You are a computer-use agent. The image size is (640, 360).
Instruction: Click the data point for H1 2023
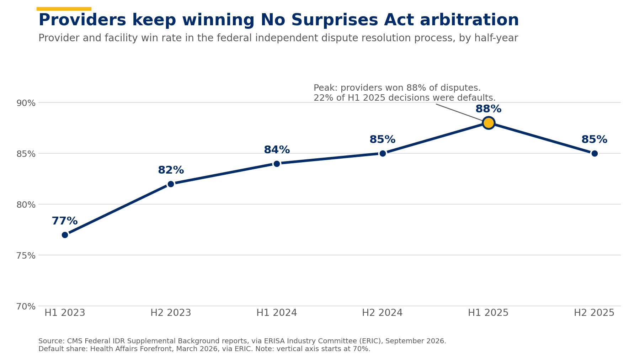pyautogui.click(x=65, y=235)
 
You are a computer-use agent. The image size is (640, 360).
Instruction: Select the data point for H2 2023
pyautogui.click(x=171, y=184)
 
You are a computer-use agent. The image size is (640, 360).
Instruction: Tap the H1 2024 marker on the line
pyautogui.click(x=277, y=164)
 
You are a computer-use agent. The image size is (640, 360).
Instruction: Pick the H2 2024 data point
pyautogui.click(x=383, y=153)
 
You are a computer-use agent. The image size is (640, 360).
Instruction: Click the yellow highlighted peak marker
pyautogui.click(x=489, y=123)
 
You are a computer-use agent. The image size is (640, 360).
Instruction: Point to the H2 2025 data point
pyautogui.click(x=594, y=153)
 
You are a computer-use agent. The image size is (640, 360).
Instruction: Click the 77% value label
pyautogui.click(x=65, y=221)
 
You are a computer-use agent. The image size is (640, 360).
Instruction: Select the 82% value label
pyautogui.click(x=171, y=170)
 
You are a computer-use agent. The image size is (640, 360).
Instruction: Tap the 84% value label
pyautogui.click(x=277, y=150)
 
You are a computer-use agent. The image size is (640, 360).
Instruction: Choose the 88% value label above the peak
pyautogui.click(x=489, y=109)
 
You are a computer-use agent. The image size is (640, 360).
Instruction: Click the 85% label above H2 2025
pyautogui.click(x=594, y=140)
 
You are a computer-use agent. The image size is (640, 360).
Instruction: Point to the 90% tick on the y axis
pyautogui.click(x=26, y=103)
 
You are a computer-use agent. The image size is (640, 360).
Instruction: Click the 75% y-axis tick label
pyautogui.click(x=26, y=256)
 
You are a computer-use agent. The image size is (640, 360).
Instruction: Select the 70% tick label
pyautogui.click(x=26, y=307)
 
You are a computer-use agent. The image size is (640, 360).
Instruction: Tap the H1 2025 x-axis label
pyautogui.click(x=488, y=313)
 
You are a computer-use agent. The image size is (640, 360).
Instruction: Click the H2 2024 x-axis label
pyautogui.click(x=382, y=313)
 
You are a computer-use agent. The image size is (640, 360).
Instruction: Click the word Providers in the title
pyautogui.click(x=82, y=20)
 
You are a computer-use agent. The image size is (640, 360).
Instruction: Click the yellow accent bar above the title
pyautogui.click(x=64, y=9)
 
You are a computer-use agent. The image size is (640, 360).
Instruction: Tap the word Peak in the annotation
pyautogui.click(x=325, y=88)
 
